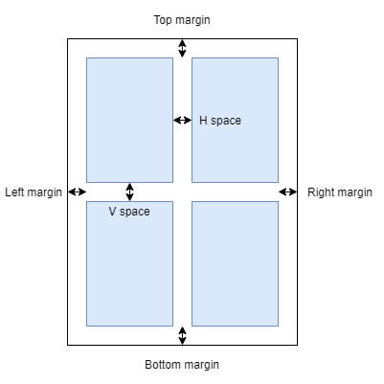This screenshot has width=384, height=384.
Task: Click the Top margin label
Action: [x=182, y=20]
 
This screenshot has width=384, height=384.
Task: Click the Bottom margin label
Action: [x=182, y=365]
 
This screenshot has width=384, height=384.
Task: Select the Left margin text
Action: [x=34, y=192]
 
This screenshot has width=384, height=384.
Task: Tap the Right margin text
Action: [x=340, y=192]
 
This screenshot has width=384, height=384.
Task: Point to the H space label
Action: [x=220, y=121]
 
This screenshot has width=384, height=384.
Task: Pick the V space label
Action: [x=129, y=212]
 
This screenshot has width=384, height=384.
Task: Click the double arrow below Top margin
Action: [x=182, y=48]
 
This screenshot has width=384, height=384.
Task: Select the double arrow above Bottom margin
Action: [x=182, y=335]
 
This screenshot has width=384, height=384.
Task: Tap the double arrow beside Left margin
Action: [x=78, y=192]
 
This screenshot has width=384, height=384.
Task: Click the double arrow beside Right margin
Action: [x=288, y=192]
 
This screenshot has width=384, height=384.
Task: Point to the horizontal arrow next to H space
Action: [x=182, y=121]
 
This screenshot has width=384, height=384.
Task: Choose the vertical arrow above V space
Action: [x=129, y=192]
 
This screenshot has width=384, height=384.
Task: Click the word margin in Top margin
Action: [x=192, y=21]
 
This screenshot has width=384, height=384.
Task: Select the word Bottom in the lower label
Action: [x=158, y=364]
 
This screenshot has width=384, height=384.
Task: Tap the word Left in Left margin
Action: [x=14, y=192]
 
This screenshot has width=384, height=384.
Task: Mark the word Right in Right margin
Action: [x=318, y=192]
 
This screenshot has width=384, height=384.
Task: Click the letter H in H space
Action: [x=203, y=121]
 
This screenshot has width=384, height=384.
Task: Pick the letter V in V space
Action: [x=112, y=211]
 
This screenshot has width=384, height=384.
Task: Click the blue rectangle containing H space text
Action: [x=235, y=120]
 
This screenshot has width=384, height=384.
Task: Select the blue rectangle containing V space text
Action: [x=129, y=263]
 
